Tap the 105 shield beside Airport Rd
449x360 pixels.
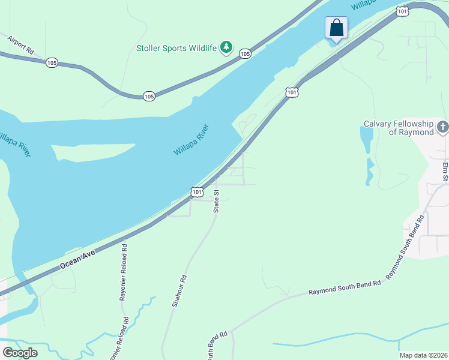(52, 63)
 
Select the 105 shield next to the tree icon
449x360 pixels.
(245, 54)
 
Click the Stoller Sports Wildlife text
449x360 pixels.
(176, 47)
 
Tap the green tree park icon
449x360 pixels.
(226, 47)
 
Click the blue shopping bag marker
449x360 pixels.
(336, 28)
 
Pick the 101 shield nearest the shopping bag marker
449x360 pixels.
(403, 11)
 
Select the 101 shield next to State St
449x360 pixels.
(197, 191)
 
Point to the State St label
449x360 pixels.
(217, 200)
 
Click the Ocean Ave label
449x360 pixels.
(79, 261)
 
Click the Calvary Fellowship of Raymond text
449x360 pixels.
(399, 128)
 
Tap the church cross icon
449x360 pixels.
(443, 127)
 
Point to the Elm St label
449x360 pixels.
(445, 170)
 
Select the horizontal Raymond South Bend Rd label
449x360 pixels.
(345, 287)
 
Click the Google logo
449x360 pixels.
(20, 353)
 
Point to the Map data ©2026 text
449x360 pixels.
(423, 355)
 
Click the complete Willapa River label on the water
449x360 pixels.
(191, 140)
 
